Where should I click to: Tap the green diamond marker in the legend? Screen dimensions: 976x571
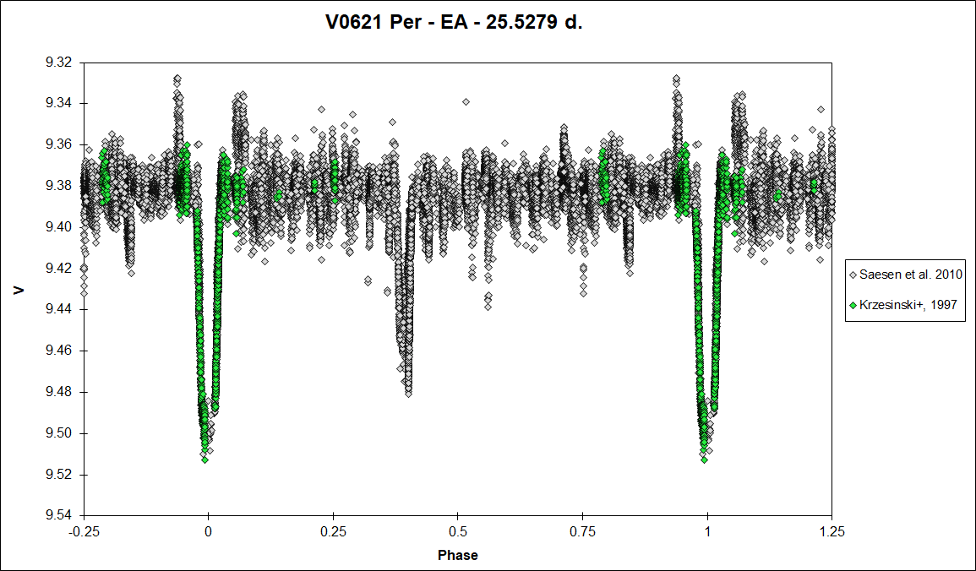[853, 305]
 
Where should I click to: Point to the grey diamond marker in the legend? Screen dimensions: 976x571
[853, 275]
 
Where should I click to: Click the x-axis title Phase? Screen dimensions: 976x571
[457, 555]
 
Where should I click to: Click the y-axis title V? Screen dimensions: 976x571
[20, 290]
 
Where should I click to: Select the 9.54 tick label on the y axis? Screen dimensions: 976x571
[59, 515]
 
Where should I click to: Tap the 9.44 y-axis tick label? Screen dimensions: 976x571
[59, 309]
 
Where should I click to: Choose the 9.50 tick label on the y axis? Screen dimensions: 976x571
[59, 433]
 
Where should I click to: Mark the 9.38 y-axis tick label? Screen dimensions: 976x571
[59, 186]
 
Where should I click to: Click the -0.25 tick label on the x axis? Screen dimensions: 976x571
[84, 532]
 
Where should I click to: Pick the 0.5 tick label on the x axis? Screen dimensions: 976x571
[457, 532]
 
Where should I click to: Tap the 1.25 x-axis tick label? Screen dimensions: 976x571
[832, 532]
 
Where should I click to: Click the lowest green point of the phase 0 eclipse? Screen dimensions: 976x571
[204, 460]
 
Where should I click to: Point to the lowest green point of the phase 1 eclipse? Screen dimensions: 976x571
[704, 460]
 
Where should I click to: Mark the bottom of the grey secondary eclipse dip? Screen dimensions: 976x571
[408, 394]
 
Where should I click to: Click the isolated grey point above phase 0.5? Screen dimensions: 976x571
[466, 101]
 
